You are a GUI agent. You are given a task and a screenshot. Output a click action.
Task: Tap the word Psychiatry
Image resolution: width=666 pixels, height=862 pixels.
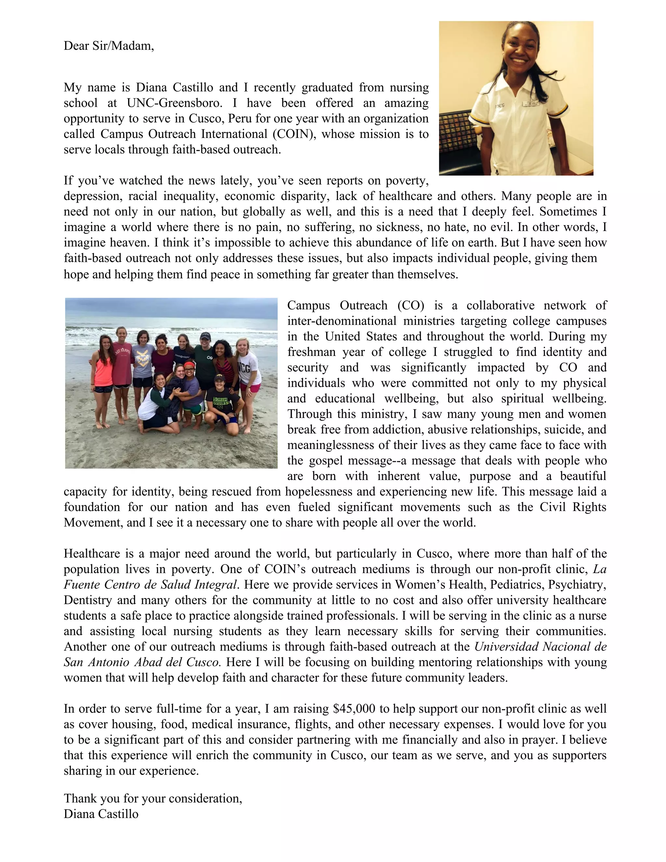(x=576, y=584)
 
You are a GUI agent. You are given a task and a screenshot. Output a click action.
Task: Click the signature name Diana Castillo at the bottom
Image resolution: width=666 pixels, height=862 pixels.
(x=101, y=814)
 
